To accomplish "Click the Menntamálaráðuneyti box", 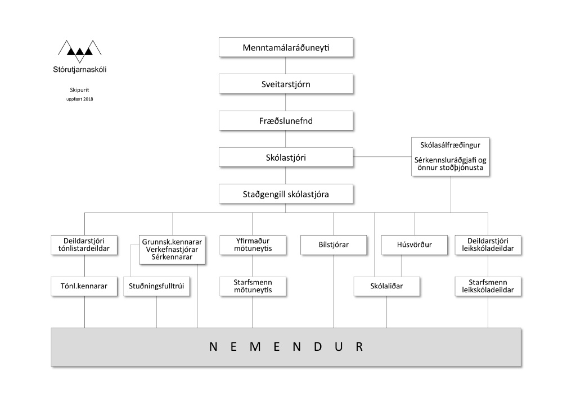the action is [x=286, y=47].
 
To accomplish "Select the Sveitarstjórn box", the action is [x=286, y=84].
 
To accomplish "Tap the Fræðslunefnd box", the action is [x=286, y=120].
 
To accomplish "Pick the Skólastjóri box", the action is [x=286, y=157].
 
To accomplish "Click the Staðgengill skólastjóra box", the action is [x=286, y=194].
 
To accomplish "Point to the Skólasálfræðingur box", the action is [x=450, y=157].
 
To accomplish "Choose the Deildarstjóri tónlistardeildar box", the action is [x=84, y=245].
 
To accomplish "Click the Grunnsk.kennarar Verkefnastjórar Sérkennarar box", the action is [x=172, y=250].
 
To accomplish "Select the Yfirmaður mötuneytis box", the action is [x=253, y=245].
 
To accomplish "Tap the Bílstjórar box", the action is [x=334, y=245].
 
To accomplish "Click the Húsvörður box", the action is [x=415, y=245].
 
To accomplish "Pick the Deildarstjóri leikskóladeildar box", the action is [x=488, y=245].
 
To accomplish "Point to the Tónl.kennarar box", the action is [x=84, y=286].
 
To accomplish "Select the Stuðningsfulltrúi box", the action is [x=156, y=286].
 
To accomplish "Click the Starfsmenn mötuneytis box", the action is [x=253, y=286].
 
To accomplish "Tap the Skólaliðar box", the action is [x=386, y=286].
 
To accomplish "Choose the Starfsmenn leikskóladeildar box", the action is [x=488, y=286].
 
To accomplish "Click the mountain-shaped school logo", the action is [x=80, y=51].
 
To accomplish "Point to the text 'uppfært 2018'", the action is [x=80, y=99].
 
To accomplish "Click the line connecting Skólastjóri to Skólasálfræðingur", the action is [x=382, y=157].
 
